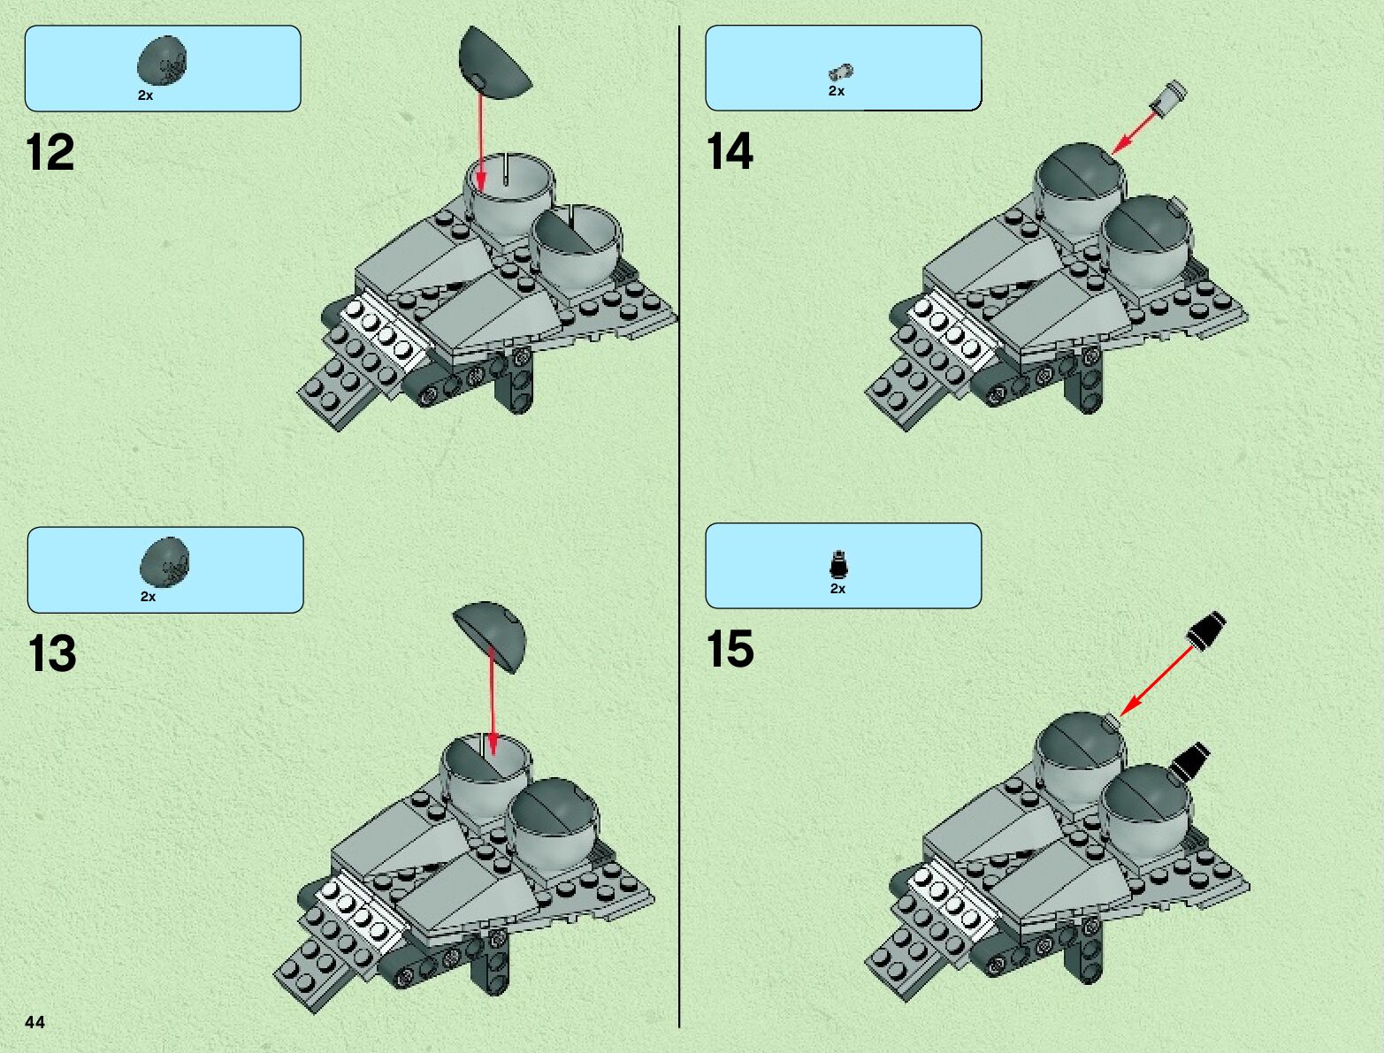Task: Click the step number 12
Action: (x=50, y=152)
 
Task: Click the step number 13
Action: (x=51, y=652)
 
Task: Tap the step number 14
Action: (x=730, y=151)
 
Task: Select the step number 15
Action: (x=730, y=648)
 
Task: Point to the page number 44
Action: (x=34, y=1022)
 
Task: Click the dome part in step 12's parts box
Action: (x=162, y=60)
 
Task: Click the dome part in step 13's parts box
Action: (x=164, y=562)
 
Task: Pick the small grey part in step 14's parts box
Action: (x=840, y=72)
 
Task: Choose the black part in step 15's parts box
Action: (x=838, y=565)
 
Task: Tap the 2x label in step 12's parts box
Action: (x=145, y=95)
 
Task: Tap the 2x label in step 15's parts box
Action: (x=837, y=589)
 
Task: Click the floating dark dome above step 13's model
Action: (x=489, y=637)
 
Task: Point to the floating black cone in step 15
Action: (x=1207, y=630)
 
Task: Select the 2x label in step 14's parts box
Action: (x=836, y=91)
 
